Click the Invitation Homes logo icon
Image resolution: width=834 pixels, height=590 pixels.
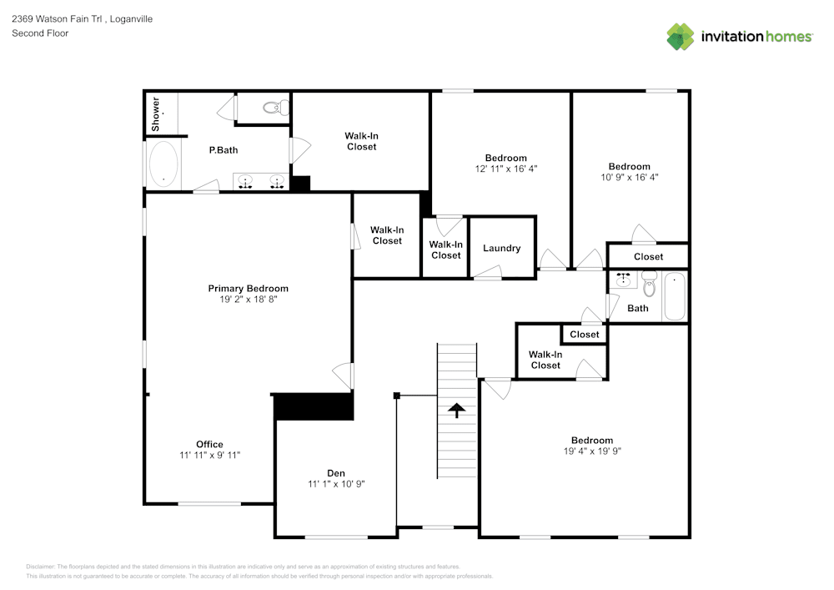pyautogui.click(x=681, y=37)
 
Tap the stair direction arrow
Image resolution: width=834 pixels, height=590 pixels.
pyautogui.click(x=457, y=409)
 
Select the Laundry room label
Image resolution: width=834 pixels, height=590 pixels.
pyautogui.click(x=502, y=248)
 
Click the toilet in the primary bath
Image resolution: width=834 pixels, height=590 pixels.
pyautogui.click(x=275, y=107)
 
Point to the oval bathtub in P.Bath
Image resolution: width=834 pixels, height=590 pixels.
pyautogui.click(x=163, y=164)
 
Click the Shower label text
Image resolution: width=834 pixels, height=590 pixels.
pyautogui.click(x=155, y=113)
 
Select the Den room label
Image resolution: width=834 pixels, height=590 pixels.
pyautogui.click(x=336, y=472)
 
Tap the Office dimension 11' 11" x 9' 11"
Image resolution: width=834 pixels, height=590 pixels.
pyautogui.click(x=210, y=455)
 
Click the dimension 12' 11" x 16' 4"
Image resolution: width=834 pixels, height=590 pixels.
pyautogui.click(x=505, y=168)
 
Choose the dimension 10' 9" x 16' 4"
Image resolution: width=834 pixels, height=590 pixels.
pyautogui.click(x=629, y=177)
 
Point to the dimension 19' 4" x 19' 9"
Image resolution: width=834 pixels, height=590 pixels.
pyautogui.click(x=592, y=451)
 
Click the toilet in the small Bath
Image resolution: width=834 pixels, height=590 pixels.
pyautogui.click(x=650, y=286)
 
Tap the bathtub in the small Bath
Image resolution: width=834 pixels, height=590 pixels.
pyautogui.click(x=674, y=296)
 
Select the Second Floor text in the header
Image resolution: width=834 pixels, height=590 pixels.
pyautogui.click(x=40, y=33)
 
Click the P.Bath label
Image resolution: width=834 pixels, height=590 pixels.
pyautogui.click(x=224, y=150)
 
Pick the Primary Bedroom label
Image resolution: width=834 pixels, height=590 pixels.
pyautogui.click(x=248, y=289)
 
